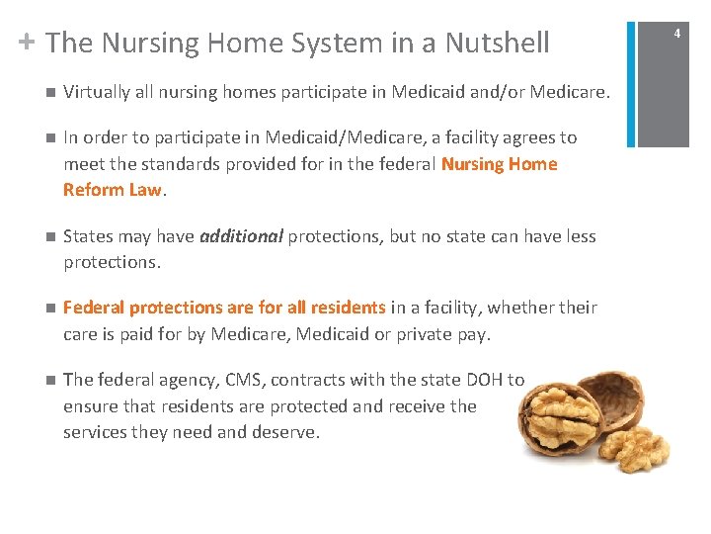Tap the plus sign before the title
(28, 42)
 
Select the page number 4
(677, 34)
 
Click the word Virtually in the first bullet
(96, 92)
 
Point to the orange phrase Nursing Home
(500, 163)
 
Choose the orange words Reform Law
(112, 189)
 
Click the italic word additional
(241, 236)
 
